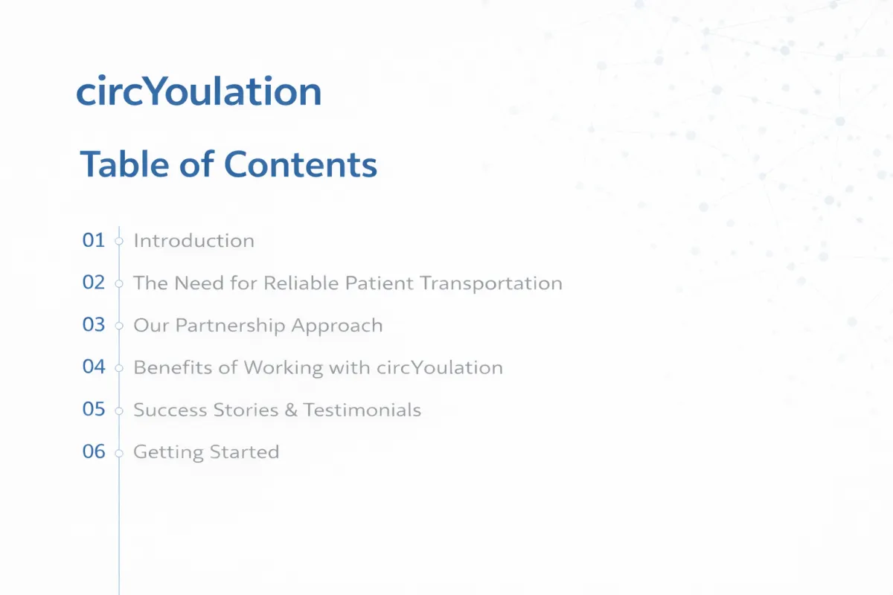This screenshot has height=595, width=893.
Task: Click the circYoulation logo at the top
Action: pyautogui.click(x=199, y=91)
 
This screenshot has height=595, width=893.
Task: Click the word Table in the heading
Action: pyautogui.click(x=124, y=164)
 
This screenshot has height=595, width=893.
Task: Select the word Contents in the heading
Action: pyautogui.click(x=301, y=164)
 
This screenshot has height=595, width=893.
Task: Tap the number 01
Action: pyautogui.click(x=94, y=240)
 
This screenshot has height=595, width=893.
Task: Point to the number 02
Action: pyautogui.click(x=94, y=282)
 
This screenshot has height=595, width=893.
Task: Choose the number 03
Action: pyautogui.click(x=94, y=324)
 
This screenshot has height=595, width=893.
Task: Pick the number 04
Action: pyautogui.click(x=94, y=367)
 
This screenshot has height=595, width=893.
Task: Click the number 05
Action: pyautogui.click(x=94, y=409)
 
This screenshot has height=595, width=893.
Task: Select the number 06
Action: pyautogui.click(x=94, y=451)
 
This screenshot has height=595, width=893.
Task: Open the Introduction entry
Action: pyautogui.click(x=193, y=241)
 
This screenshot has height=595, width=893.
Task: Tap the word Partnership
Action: pyautogui.click(x=231, y=326)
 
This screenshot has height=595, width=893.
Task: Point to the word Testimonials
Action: pyautogui.click(x=362, y=410)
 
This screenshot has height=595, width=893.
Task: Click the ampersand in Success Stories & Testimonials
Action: pyautogui.click(x=291, y=410)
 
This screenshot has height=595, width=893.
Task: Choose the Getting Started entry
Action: pyautogui.click(x=206, y=453)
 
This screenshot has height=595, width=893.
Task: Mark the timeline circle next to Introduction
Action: pyautogui.click(x=119, y=241)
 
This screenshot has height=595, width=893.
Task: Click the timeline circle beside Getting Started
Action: pyautogui.click(x=119, y=453)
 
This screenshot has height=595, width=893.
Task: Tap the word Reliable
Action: pyautogui.click(x=301, y=283)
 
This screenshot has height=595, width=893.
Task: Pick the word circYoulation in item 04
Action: pyautogui.click(x=440, y=367)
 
